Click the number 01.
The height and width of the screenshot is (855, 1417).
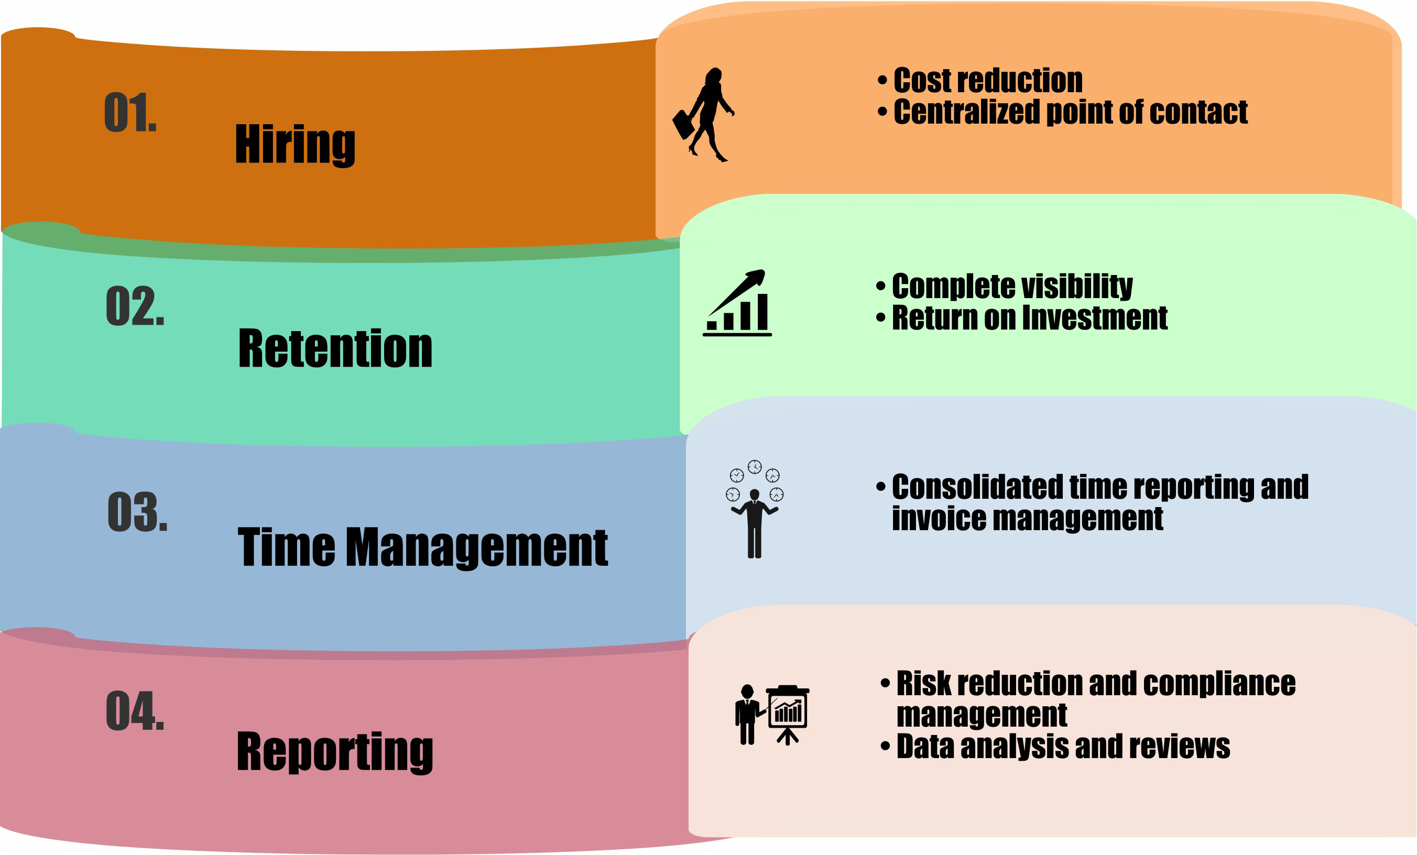[130, 112]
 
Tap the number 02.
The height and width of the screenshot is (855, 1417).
[135, 306]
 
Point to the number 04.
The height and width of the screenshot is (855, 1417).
[135, 711]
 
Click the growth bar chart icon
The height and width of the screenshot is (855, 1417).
[737, 303]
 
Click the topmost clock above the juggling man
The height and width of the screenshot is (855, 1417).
[755, 466]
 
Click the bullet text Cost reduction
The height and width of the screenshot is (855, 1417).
[987, 81]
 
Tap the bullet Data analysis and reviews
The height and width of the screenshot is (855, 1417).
[1063, 747]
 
